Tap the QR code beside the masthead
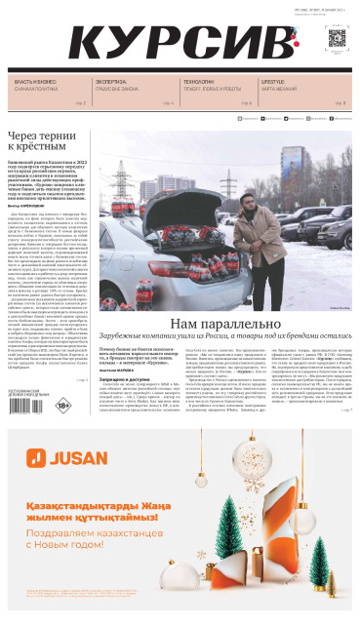coord(338,39)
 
